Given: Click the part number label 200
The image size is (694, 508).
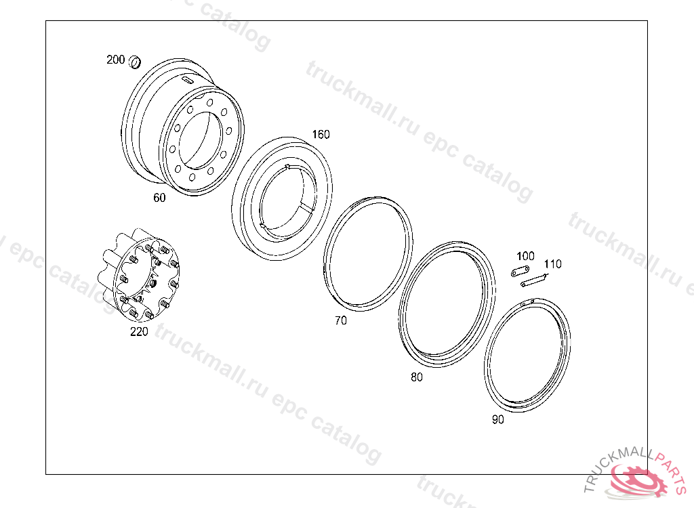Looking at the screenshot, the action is click(115, 60).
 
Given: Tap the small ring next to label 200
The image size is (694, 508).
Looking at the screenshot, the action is click(135, 62).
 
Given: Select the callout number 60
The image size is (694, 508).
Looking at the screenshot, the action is click(159, 198).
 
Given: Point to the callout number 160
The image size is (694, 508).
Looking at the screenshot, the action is click(321, 135).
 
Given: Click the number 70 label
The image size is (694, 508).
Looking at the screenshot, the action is click(341, 320).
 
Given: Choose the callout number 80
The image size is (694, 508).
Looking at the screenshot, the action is click(417, 377).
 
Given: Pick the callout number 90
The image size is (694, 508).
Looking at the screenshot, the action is click(498, 419).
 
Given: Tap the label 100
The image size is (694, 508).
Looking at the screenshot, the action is click(525, 256).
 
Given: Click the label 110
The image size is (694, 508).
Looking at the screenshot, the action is click(553, 264).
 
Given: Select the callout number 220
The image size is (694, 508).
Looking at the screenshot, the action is click(139, 331).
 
